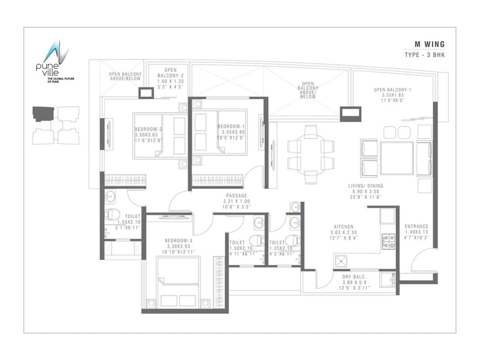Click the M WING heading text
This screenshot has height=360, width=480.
click(x=429, y=44)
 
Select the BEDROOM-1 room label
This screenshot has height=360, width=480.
click(x=231, y=127)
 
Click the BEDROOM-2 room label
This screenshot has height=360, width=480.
click(x=148, y=129)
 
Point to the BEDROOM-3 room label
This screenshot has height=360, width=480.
click(x=178, y=241)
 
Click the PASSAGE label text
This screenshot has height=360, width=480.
click(x=236, y=196)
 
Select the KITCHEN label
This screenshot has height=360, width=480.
click(x=343, y=227)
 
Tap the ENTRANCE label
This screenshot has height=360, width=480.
click(x=416, y=226)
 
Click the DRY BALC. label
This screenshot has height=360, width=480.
click(x=354, y=277)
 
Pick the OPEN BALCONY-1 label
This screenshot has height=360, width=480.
click(x=392, y=90)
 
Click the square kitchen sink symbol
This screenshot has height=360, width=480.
click(x=341, y=261)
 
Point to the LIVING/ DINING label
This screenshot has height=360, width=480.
click(x=365, y=186)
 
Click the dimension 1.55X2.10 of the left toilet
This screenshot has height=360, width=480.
click(x=129, y=222)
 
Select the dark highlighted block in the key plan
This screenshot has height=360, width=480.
click(x=43, y=114)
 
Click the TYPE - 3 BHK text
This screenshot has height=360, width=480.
click(x=424, y=55)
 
